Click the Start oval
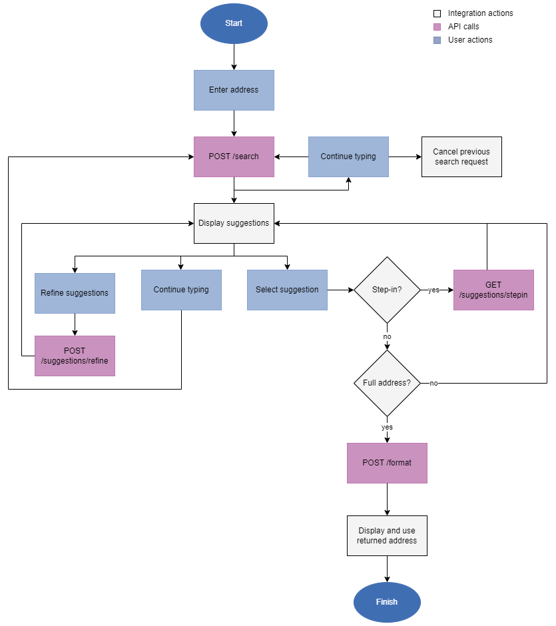click(234, 23)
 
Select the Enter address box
click(234, 90)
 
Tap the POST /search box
click(234, 156)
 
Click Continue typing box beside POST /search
click(348, 156)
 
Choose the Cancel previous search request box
click(461, 156)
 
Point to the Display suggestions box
click(234, 223)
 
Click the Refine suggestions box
click(75, 293)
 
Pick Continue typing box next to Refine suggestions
click(181, 290)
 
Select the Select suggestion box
click(287, 290)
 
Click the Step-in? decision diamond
click(387, 290)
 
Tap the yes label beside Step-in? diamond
click(433, 290)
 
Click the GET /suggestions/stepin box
click(493, 290)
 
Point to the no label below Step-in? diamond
click(387, 337)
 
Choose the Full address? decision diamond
click(387, 383)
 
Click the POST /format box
click(387, 463)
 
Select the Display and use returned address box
click(387, 535)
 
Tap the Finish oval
click(387, 602)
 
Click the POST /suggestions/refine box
click(75, 356)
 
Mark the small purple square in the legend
click(437, 27)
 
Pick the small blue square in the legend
click(437, 40)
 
